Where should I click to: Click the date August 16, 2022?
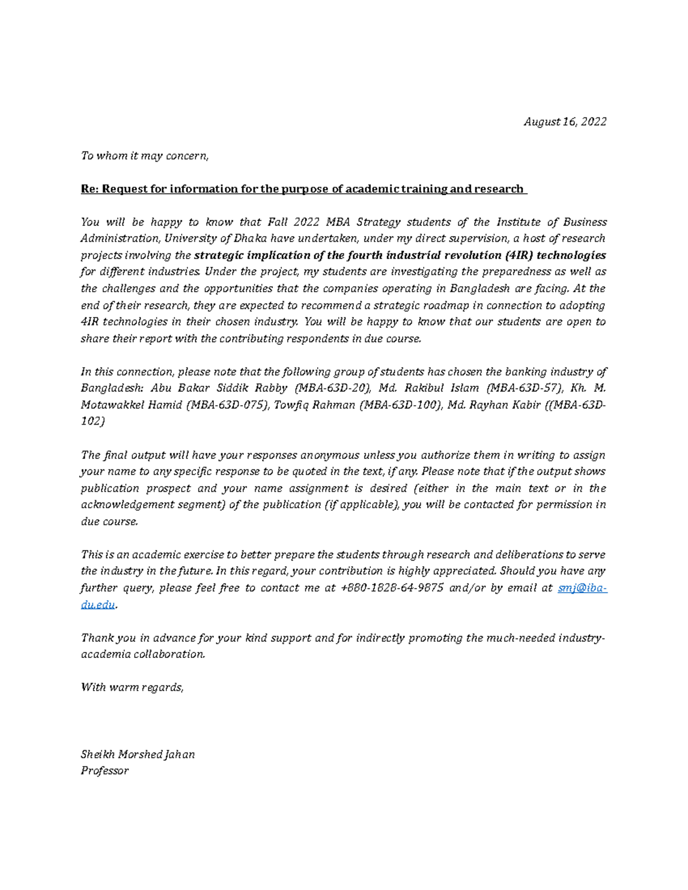[565, 121]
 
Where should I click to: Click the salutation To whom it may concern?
[145, 156]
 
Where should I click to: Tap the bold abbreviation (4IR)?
[519, 255]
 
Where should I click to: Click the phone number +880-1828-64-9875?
[392, 588]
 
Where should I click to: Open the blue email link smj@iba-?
[582, 588]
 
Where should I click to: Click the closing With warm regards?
[132, 687]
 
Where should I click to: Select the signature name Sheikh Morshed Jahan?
[138, 754]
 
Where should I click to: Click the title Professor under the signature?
[104, 771]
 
